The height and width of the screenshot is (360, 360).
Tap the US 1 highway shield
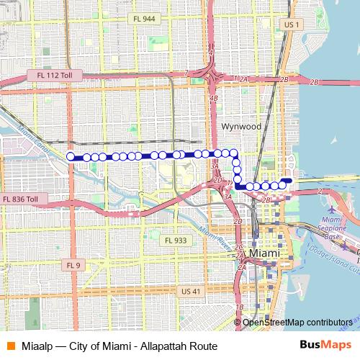tap(291, 24)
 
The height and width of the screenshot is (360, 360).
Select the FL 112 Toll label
tap(52, 75)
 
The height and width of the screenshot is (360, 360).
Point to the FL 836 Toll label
tap(24, 199)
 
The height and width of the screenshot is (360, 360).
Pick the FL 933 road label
tap(174, 240)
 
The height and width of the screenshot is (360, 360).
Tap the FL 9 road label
tap(73, 265)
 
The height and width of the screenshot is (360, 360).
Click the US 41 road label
tap(190, 291)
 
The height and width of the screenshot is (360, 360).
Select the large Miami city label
tap(269, 253)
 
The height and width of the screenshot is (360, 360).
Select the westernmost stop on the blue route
tap(71, 156)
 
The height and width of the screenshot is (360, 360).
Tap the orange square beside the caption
tap(10, 346)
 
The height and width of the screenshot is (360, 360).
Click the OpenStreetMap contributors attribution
tap(297, 323)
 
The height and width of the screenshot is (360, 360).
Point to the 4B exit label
tap(213, 98)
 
